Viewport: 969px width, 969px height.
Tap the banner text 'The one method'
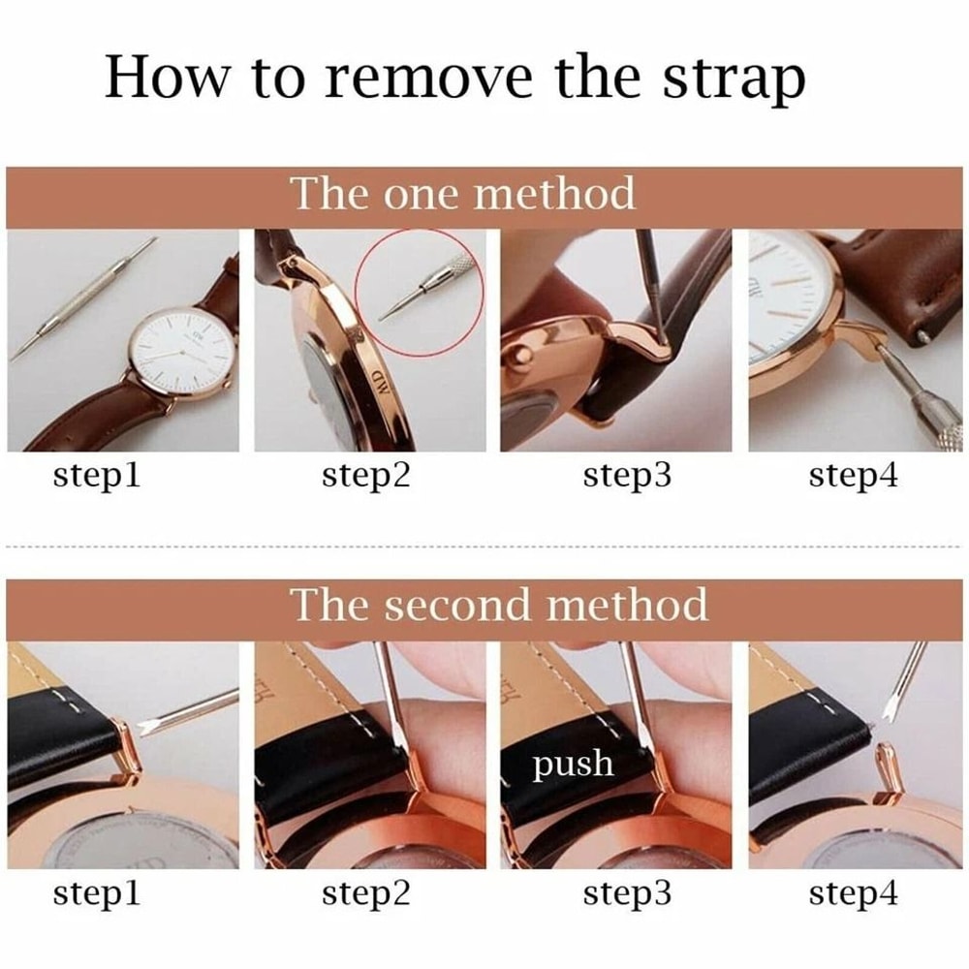click(x=463, y=193)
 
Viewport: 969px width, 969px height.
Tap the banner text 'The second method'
click(x=499, y=605)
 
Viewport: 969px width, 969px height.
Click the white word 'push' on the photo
click(x=573, y=764)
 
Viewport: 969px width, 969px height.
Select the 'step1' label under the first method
click(x=96, y=476)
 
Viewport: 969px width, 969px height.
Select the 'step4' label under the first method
click(x=854, y=476)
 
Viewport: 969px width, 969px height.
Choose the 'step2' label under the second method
click(x=366, y=892)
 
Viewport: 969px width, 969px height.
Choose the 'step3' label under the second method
click(x=626, y=892)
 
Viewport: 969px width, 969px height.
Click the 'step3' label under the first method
click(x=626, y=476)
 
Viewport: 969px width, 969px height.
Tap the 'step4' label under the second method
click(x=854, y=892)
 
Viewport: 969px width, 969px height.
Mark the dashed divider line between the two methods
click(x=484, y=547)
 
